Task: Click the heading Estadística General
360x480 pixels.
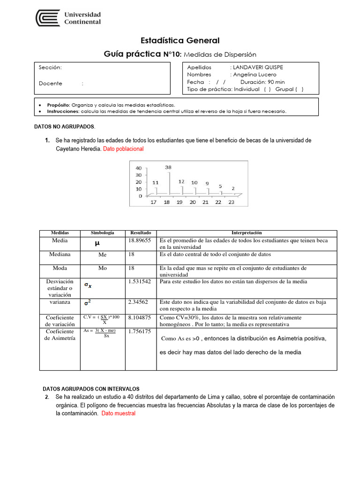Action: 180,41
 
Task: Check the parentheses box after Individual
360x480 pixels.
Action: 267,89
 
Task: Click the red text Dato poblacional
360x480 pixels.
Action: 123,149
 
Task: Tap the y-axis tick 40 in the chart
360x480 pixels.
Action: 139,168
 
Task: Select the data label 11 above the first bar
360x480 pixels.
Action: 155,182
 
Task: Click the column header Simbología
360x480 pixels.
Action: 102,233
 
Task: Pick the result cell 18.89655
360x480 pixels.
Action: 139,240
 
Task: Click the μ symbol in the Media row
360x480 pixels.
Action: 97,243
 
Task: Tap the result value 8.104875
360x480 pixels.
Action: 139,317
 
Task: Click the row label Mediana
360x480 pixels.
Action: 60,255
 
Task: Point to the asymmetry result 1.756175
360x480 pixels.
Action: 139,331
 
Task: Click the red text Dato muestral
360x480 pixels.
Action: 118,413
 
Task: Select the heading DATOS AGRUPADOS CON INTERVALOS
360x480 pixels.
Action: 91,389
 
